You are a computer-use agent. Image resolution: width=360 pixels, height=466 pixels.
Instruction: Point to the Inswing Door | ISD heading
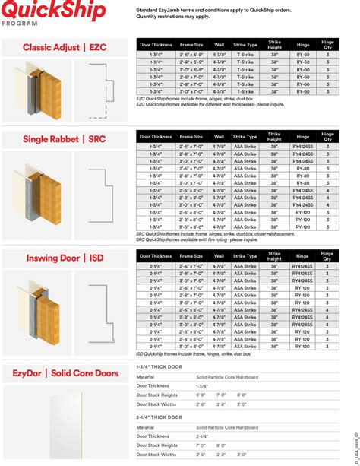coord(64,258)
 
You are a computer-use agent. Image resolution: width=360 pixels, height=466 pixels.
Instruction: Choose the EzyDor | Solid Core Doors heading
coord(67,373)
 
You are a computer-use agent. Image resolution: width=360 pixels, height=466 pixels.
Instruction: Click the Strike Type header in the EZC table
coord(245,44)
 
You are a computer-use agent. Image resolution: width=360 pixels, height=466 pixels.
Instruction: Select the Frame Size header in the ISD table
coord(191,256)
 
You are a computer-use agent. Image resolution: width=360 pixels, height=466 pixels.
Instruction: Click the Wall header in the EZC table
coord(219,44)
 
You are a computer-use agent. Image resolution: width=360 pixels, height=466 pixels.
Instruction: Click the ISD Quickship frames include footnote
coord(194,354)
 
